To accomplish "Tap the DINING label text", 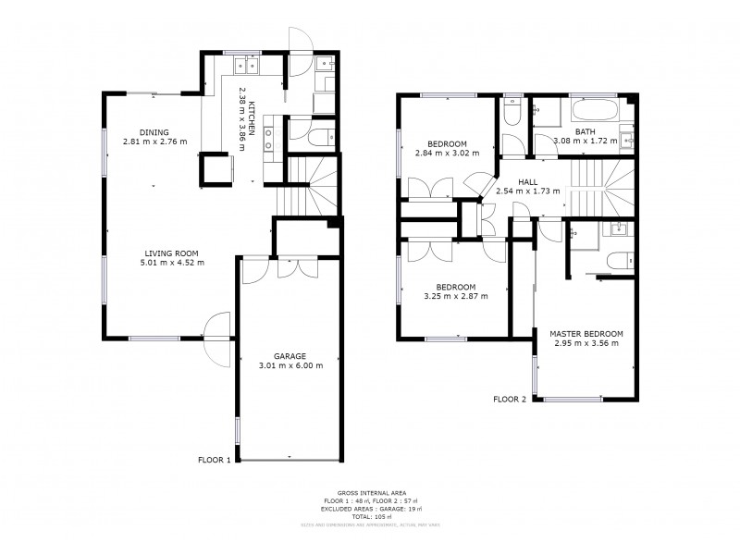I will pos(154,131).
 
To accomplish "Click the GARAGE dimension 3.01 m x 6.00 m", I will pos(291,365).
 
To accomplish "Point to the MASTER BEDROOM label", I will pos(586,333).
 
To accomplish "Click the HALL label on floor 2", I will pos(528,181).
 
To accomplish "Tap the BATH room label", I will pos(585,131).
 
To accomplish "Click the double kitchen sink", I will pos(246,64).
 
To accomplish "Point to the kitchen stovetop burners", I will pos(270,139).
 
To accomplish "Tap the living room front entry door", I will pos(216,338).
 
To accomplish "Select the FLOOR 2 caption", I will pos(509,400).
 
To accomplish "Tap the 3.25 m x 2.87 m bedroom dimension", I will pos(455,296).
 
